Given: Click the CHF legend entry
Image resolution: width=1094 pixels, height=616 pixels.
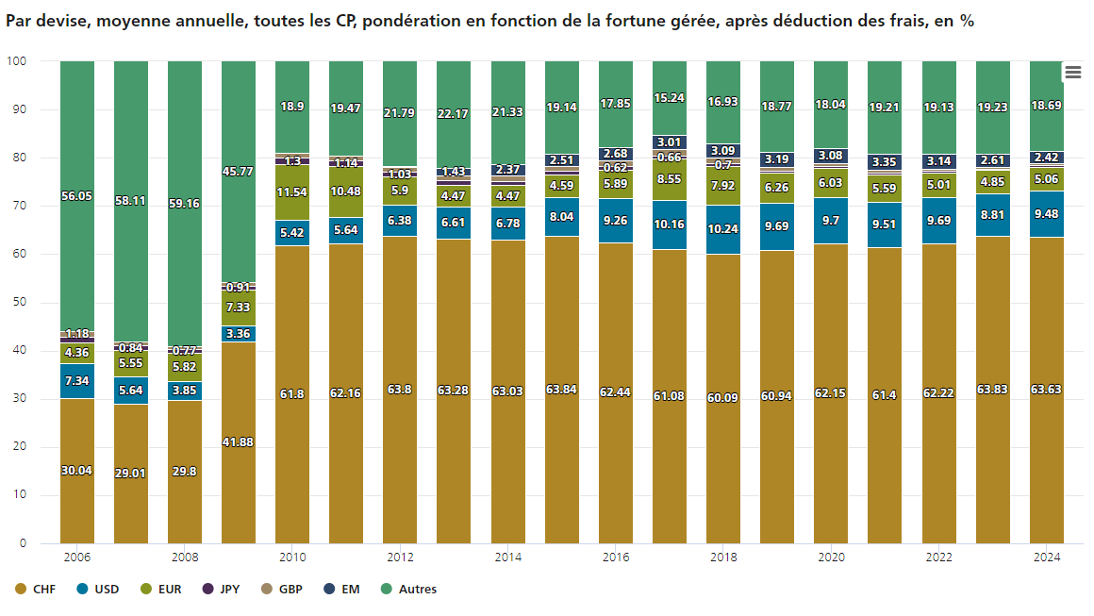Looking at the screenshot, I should point(43,590).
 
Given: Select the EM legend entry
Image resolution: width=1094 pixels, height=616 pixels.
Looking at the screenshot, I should point(350,590).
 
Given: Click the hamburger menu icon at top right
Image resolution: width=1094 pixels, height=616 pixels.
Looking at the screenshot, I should point(1072,73).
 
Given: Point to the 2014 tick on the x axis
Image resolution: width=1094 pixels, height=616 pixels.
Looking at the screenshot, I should point(507,558).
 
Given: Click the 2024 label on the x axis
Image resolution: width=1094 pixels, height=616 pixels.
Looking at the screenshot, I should point(1047,558).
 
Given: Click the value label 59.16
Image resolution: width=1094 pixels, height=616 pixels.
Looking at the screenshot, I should point(185,203).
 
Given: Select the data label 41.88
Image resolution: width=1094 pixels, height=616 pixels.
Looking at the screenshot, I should point(239,442).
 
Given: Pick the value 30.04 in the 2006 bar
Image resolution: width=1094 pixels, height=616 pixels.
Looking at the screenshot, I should point(77,471).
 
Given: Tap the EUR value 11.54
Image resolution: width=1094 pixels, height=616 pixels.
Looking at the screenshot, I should point(292,192).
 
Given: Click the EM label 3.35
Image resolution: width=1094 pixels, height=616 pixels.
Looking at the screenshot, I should point(885,162).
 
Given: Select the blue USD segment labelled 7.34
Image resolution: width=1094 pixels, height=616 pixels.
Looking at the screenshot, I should point(77,381).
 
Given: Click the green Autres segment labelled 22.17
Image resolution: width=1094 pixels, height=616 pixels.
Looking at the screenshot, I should point(454,114).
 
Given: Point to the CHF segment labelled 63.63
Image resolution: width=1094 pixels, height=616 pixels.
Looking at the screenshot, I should point(1047,390).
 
